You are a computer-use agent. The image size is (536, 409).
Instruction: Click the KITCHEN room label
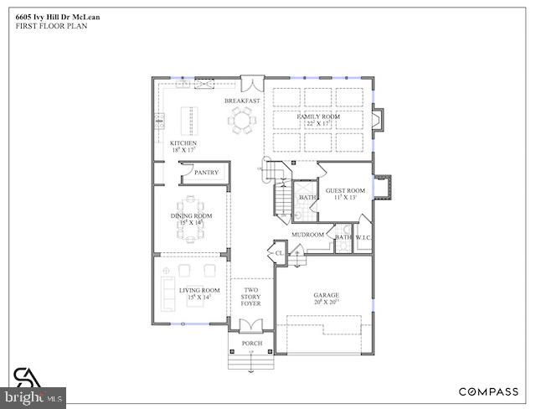pyautogui.click(x=184, y=143)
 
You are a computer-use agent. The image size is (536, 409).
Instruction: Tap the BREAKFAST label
pyautogui.click(x=242, y=101)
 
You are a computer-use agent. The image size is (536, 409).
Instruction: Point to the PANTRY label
pyautogui.click(x=206, y=173)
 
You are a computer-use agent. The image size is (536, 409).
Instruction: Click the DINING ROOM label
pyautogui.click(x=192, y=216)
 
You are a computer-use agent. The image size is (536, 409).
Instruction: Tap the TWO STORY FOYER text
pyautogui.click(x=250, y=296)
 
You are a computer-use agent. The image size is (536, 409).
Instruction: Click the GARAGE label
pyautogui.click(x=325, y=295)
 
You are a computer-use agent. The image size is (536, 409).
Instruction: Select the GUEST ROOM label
pyautogui.click(x=345, y=190)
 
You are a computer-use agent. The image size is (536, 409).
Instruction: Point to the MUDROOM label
pyautogui.click(x=307, y=235)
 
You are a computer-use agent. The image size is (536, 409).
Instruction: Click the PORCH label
pyautogui.click(x=251, y=344)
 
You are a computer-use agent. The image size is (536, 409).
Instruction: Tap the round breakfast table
pyautogui.click(x=243, y=122)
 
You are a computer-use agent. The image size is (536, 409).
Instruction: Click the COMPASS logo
pyautogui.click(x=487, y=391)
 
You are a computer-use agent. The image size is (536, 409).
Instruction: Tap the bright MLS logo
pyautogui.click(x=33, y=393)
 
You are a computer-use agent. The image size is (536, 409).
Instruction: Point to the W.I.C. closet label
pyautogui.click(x=362, y=237)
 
